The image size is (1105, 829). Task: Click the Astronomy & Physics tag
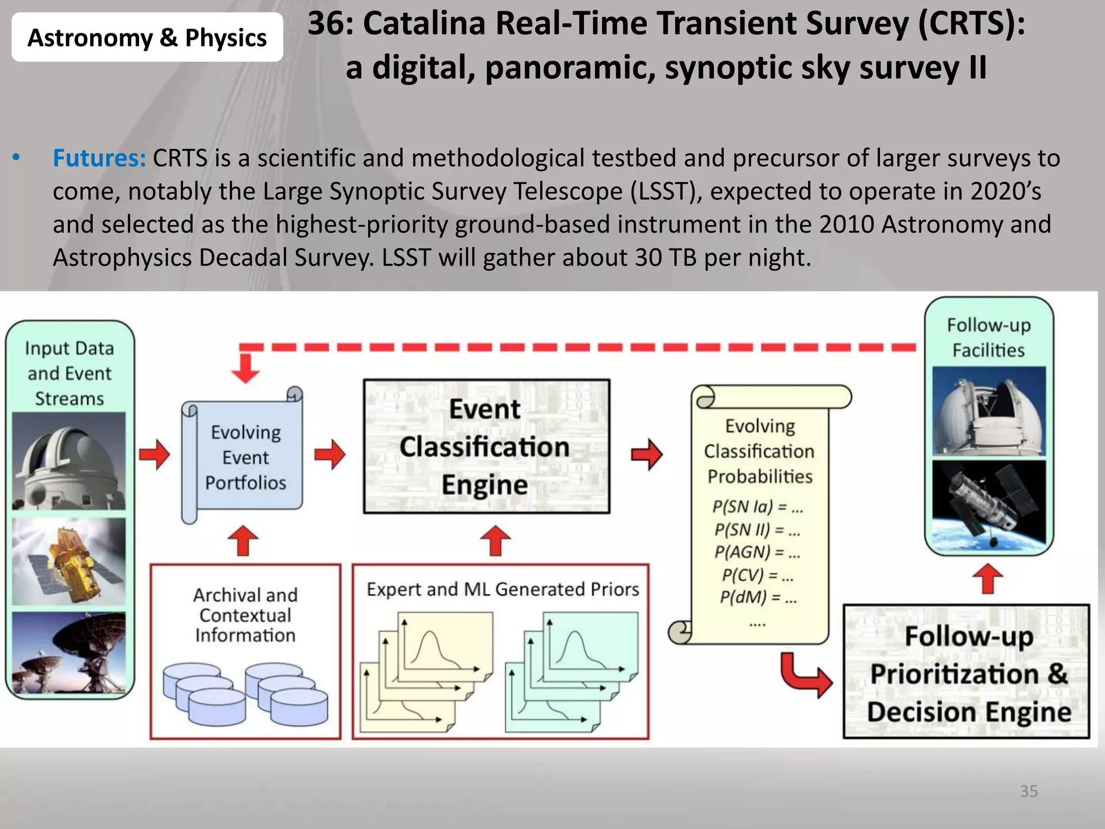pyautogui.click(x=147, y=38)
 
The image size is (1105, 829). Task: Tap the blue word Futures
pyautogui.click(x=99, y=158)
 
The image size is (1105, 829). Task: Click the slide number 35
pyautogui.click(x=1028, y=791)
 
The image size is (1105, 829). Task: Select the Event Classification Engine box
pyautogui.click(x=486, y=446)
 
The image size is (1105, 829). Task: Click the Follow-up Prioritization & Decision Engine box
pyautogui.click(x=967, y=672)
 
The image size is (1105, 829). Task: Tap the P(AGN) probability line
pyautogui.click(x=757, y=552)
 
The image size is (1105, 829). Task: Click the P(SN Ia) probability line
pyautogui.click(x=757, y=507)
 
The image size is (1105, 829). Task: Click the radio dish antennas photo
pyautogui.click(x=69, y=653)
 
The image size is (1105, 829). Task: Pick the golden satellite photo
pyautogui.click(x=69, y=561)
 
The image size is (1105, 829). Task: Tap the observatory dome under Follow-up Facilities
pyautogui.click(x=988, y=411)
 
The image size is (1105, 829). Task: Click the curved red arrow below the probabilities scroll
pyautogui.click(x=806, y=675)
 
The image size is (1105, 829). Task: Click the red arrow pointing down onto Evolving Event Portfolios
pyautogui.click(x=245, y=368)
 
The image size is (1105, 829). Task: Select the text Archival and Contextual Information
pyautogui.click(x=245, y=615)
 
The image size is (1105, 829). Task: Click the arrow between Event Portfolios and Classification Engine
pyautogui.click(x=330, y=454)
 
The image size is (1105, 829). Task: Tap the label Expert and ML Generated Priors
pyautogui.click(x=502, y=589)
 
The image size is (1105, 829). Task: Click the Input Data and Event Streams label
pyautogui.click(x=70, y=373)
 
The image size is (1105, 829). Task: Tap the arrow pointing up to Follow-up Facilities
pyautogui.click(x=987, y=579)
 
